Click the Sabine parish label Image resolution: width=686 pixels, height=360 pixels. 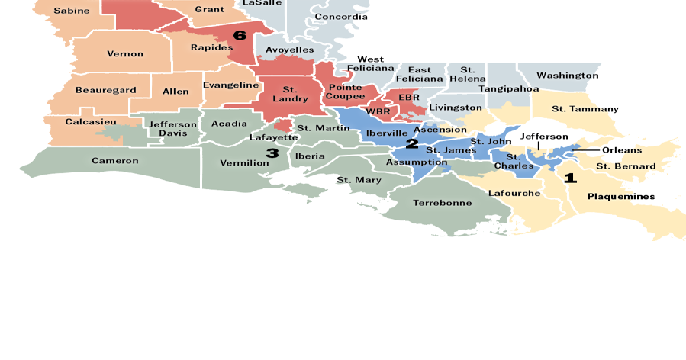[72, 11]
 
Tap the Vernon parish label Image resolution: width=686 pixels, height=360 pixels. [125, 53]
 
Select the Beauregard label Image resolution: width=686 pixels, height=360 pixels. [105, 90]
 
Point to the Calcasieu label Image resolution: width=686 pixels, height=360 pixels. [91, 121]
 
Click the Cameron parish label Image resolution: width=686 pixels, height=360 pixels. [115, 161]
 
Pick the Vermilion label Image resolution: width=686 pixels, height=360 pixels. [244, 162]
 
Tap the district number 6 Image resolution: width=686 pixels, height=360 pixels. [240, 35]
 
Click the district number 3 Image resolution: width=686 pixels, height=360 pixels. [272, 153]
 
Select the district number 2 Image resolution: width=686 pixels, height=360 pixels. [412, 143]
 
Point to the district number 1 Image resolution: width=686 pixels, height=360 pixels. [569, 178]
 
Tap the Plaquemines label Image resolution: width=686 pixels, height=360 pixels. [620, 196]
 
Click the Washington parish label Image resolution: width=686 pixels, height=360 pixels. [567, 76]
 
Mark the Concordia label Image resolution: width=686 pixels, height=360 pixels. [340, 17]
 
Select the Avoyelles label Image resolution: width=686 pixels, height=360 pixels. [289, 50]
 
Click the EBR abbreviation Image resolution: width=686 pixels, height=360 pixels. [409, 98]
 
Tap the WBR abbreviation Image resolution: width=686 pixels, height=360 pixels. [378, 111]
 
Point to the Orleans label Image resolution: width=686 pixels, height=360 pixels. [622, 149]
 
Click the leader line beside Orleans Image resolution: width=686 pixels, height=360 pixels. [586, 149]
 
